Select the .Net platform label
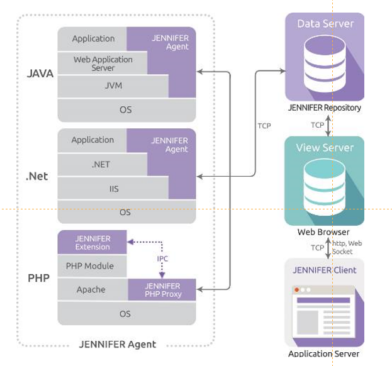pos(37,176)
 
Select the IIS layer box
pos(113,187)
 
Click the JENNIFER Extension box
pos(92,243)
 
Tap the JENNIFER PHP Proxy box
pos(162,290)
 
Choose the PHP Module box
pos(90,266)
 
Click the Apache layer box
pos(91,290)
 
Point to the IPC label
pos(162,258)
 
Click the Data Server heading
pos(325,24)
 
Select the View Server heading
pos(325,148)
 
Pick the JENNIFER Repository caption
pos(325,108)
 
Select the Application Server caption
pos(324,353)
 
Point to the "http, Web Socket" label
pos(347,247)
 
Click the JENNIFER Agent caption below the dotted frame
pos(118,344)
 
